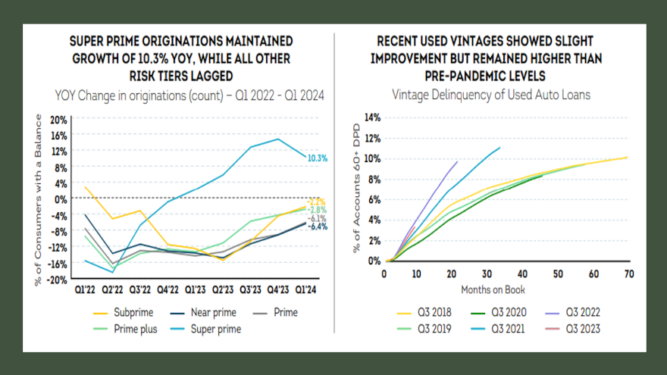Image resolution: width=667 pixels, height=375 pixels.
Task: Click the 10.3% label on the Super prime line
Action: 318,158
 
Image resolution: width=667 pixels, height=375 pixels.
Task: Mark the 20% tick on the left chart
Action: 58,119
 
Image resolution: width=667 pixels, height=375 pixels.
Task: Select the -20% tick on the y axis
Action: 57,279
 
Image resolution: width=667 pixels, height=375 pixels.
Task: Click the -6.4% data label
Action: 318,227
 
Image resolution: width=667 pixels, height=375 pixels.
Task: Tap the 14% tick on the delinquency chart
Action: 371,117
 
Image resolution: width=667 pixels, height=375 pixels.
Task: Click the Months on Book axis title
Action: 493,289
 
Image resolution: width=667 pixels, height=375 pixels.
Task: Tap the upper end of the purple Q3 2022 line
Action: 458,161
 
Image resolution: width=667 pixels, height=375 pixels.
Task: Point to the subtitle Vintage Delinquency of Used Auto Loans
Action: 490,95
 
